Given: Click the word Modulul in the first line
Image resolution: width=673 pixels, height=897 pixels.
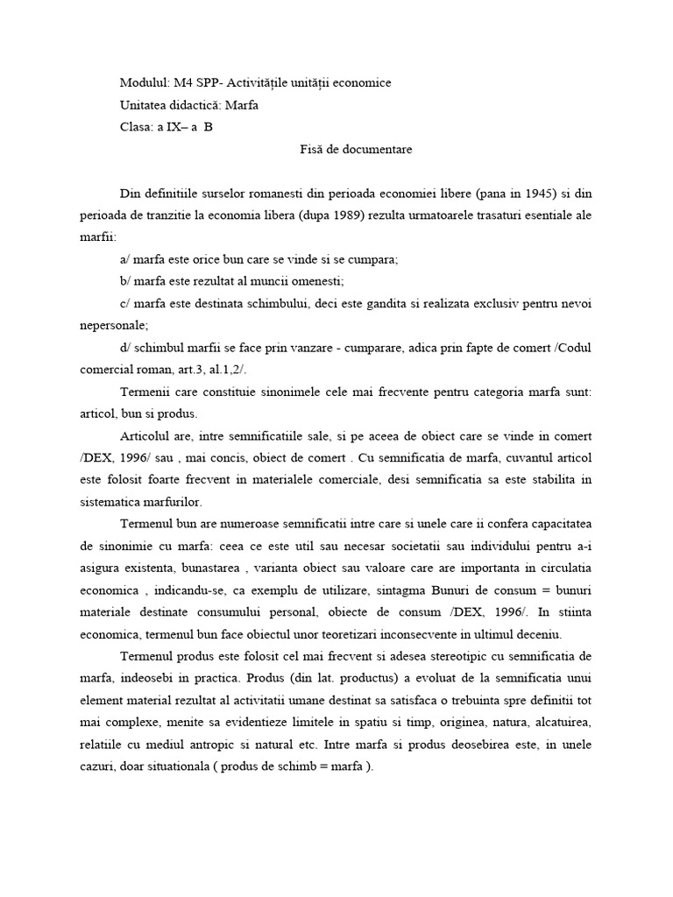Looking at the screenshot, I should [x=142, y=83].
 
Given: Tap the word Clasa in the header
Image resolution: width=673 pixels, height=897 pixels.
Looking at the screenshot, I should [x=136, y=127].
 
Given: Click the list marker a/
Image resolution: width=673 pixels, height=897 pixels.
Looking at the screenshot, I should [x=125, y=259].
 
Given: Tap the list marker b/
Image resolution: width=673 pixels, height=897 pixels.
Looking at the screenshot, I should [x=125, y=281].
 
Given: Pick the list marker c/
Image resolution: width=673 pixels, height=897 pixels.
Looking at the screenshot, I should [x=125, y=303].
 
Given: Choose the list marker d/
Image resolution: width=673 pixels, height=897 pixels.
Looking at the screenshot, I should [x=126, y=348].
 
